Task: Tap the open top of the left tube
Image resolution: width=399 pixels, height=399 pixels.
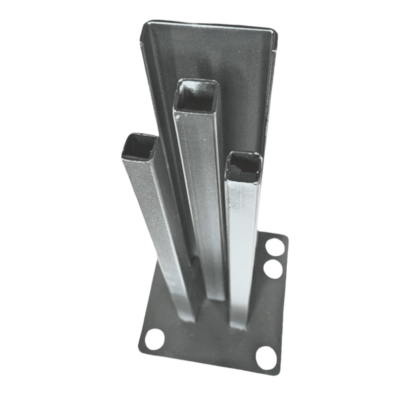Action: click(139, 146)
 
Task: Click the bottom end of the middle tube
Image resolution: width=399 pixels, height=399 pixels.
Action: click(216, 296)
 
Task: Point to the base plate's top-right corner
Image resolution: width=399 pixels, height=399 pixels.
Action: click(287, 237)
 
